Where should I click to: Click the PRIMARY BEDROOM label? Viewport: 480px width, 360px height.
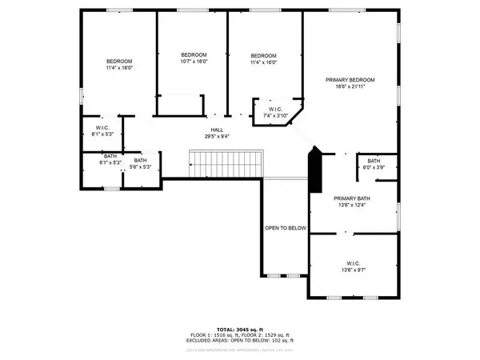[x=350, y=80]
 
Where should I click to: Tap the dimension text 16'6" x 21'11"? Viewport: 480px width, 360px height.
[x=350, y=87]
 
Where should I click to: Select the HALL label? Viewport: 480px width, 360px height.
[x=217, y=129]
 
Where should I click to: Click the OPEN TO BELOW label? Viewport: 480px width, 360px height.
[x=286, y=228]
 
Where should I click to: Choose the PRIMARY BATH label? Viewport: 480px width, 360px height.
[x=352, y=198]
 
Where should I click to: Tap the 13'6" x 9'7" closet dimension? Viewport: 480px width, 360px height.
[x=354, y=270]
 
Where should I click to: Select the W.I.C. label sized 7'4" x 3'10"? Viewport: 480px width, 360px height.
[x=276, y=110]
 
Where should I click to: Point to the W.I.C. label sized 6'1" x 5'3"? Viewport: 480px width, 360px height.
[x=102, y=127]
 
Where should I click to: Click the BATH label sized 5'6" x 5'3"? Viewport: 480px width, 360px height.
[x=140, y=161]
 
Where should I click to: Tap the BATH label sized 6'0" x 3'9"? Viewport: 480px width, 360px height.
[x=374, y=161]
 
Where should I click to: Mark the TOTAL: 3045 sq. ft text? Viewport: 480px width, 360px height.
[x=240, y=329]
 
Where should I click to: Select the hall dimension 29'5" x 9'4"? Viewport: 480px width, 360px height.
[x=217, y=136]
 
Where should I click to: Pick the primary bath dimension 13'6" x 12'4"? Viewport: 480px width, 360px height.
[x=352, y=205]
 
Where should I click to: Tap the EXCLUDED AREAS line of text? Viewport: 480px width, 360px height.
[x=240, y=342]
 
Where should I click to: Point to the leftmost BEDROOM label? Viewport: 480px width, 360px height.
[x=119, y=62]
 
